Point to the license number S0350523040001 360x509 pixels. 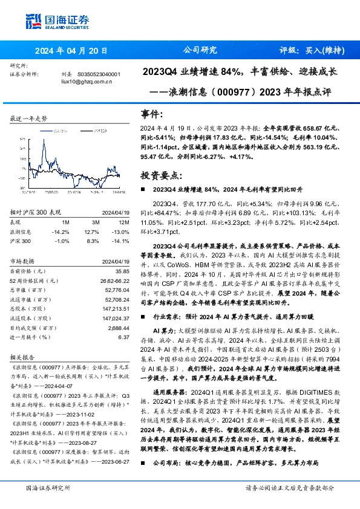click(99, 74)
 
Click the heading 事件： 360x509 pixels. click(152, 114)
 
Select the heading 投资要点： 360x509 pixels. click(160, 175)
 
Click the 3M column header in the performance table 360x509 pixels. click(90, 221)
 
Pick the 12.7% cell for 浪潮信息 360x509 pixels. click(91, 231)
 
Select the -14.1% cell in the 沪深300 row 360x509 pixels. click(121, 241)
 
